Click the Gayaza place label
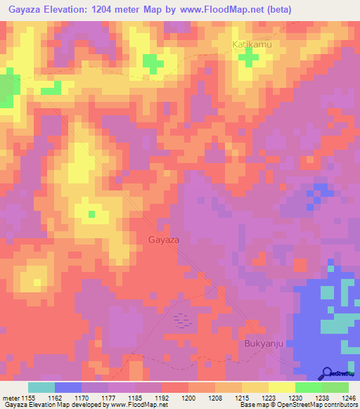(165, 240)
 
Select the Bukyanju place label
(262, 344)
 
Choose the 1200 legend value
(188, 398)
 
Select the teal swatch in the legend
(41, 387)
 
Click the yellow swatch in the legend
(282, 387)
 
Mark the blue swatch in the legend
(68, 387)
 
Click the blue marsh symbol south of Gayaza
(182, 319)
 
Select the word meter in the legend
(11, 398)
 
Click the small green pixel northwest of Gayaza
(91, 213)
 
